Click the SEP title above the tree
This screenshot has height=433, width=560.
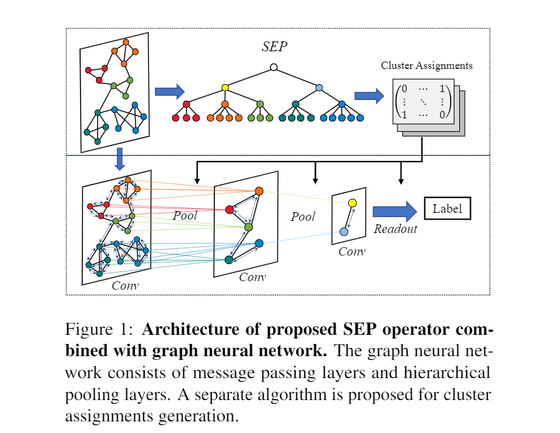click(274, 48)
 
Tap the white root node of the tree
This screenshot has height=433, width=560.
click(274, 67)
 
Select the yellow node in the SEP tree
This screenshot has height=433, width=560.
click(225, 88)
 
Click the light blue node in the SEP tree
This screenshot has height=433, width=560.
click(319, 88)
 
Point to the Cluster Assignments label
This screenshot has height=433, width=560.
click(426, 65)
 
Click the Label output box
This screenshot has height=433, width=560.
click(448, 209)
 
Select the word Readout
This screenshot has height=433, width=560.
click(395, 229)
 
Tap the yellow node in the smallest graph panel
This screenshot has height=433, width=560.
click(352, 202)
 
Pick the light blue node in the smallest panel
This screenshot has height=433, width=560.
click(344, 232)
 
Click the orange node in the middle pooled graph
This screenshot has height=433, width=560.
click(258, 191)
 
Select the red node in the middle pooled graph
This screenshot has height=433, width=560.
click(230, 209)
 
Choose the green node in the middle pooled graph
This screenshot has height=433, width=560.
click(249, 227)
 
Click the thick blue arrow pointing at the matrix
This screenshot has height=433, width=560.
click(369, 95)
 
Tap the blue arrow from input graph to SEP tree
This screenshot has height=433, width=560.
click(169, 91)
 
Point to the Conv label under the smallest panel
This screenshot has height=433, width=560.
click(351, 251)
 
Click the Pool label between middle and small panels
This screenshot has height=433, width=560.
click(303, 216)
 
